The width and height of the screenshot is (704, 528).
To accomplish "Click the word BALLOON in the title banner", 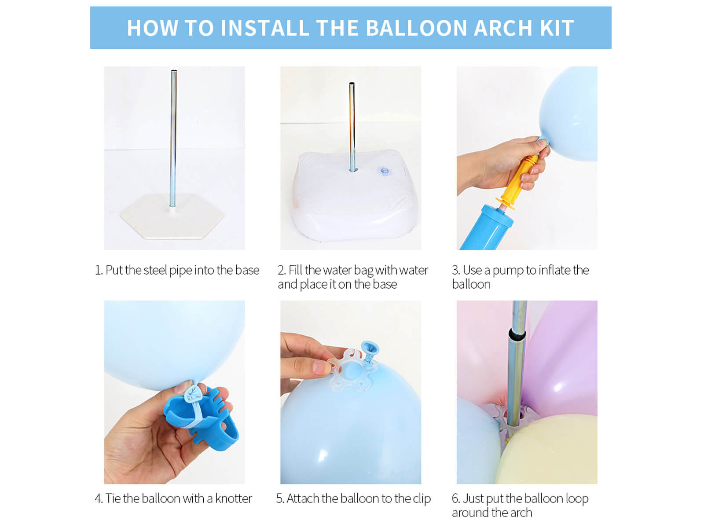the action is pos(416,28).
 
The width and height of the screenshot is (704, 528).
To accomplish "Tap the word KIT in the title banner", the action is pos(557,28).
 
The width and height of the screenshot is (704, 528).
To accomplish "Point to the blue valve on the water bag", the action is pos(384,171).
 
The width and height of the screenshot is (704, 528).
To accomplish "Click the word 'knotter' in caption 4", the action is pos(233,499).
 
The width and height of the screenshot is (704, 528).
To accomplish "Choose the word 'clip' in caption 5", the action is pos(422,499).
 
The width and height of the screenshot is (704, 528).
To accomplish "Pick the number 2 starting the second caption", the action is pos(281,270).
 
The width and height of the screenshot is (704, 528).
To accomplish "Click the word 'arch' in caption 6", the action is pos(521,513).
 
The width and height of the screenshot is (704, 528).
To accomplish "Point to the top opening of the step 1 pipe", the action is pos(173,71).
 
